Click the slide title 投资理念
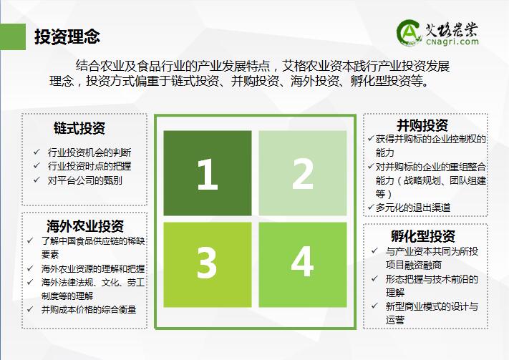[x=67, y=37]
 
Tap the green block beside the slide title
[x=13, y=37]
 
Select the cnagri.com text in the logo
[x=452, y=42]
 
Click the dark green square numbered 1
[x=208, y=173]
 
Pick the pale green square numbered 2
[x=303, y=173]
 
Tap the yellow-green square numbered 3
[x=208, y=265]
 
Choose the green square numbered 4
[x=303, y=265]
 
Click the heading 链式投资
[x=79, y=128]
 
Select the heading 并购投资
[x=422, y=125]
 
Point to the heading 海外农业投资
[x=85, y=226]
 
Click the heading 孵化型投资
[x=423, y=236]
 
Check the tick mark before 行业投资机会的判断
[x=37, y=152]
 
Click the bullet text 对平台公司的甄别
[x=85, y=180]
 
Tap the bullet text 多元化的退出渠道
[x=413, y=208]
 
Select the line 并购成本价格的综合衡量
[x=89, y=309]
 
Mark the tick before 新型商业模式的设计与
[x=375, y=306]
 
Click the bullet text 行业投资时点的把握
[x=89, y=166]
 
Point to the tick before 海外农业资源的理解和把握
[x=30, y=268]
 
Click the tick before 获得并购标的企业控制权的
[x=371, y=139]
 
